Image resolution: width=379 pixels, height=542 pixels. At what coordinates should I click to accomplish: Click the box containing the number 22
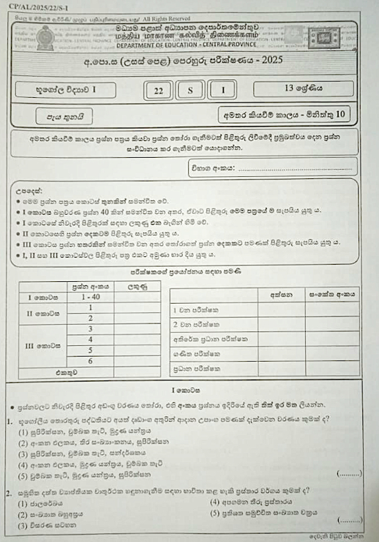tap(158, 91)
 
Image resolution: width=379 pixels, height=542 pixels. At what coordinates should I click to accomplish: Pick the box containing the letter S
tap(190, 91)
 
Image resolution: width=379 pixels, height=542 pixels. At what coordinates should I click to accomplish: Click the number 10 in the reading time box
tap(340, 113)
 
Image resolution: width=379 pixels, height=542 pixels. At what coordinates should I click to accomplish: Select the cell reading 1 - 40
tap(90, 297)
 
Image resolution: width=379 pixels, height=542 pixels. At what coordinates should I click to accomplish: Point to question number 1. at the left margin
tap(10, 419)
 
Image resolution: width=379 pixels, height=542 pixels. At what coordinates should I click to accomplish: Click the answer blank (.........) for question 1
tap(349, 473)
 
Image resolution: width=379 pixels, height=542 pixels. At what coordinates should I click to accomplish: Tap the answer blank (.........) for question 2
tap(349, 522)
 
